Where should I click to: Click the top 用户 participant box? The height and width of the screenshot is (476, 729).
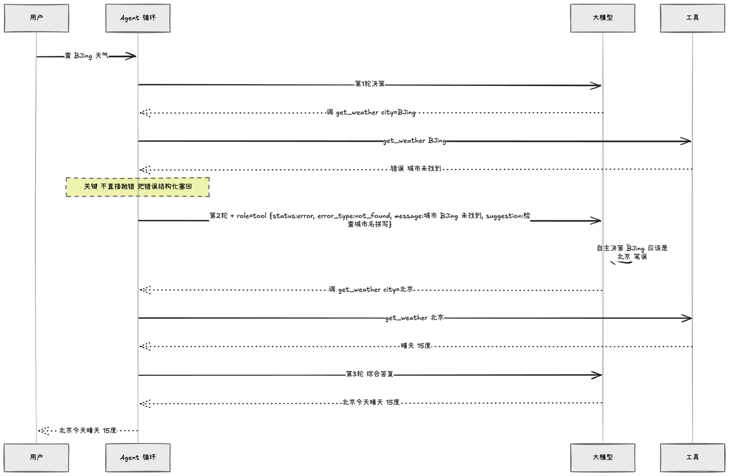tap(36, 18)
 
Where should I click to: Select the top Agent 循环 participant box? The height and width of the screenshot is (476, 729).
tap(138, 18)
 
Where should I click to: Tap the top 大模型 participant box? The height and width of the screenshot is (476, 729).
tap(603, 18)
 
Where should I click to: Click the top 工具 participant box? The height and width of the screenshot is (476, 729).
tap(693, 18)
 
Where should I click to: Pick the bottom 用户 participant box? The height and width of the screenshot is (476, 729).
tap(36, 457)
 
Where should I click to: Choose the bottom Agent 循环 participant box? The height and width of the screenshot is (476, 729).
tap(138, 457)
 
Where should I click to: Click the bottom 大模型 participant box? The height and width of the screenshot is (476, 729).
tap(603, 457)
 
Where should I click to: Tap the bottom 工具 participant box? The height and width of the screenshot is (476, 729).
tap(693, 457)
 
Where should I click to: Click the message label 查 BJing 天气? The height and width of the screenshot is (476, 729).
tap(87, 56)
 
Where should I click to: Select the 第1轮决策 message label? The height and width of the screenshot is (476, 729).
tap(370, 84)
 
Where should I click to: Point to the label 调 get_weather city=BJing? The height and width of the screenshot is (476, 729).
tap(371, 112)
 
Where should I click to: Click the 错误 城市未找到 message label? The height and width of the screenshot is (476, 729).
tap(416, 169)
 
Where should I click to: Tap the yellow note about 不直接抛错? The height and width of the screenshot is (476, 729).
tap(138, 187)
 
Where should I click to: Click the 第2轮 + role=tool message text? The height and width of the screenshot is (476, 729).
tap(370, 220)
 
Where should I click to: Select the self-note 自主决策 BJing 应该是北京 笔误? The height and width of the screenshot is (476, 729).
tap(632, 252)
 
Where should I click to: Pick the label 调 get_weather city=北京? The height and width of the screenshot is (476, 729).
tap(371, 289)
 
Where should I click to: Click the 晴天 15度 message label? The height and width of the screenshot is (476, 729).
tap(416, 346)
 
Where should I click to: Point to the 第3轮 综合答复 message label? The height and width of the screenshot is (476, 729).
tap(370, 374)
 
